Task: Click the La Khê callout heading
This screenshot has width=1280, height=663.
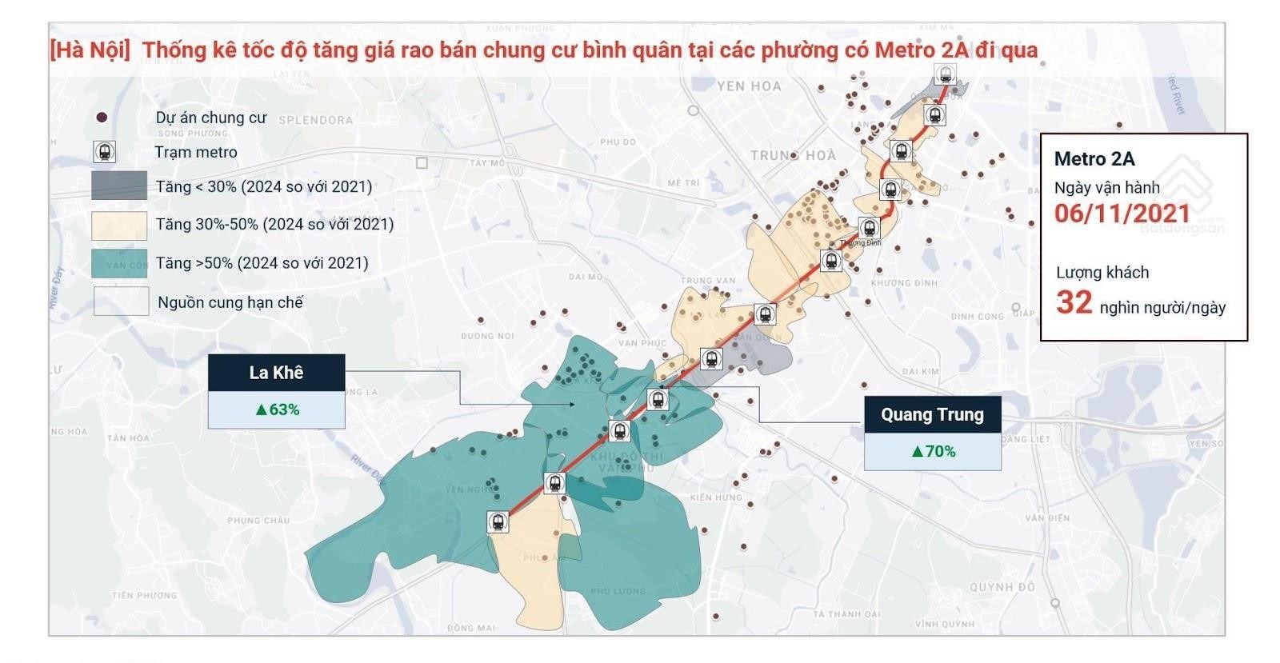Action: pyautogui.click(x=276, y=373)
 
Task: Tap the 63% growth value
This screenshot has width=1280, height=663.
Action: pyautogui.click(x=277, y=409)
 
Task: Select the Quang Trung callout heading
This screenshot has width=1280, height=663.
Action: pyautogui.click(x=932, y=414)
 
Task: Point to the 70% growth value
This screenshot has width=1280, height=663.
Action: pyautogui.click(x=933, y=451)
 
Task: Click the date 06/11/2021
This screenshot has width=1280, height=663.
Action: pyautogui.click(x=1122, y=214)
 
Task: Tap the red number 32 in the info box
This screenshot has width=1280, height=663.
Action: pyautogui.click(x=1074, y=302)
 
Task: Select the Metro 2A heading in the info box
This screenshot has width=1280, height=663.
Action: pyautogui.click(x=1094, y=158)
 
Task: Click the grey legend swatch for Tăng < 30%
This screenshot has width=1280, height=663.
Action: pyautogui.click(x=119, y=186)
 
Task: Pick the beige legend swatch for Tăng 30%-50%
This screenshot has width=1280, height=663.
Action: pyautogui.click(x=119, y=225)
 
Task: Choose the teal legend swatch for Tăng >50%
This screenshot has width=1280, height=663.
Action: pyautogui.click(x=119, y=263)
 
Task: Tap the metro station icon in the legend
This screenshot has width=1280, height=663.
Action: pyautogui.click(x=104, y=152)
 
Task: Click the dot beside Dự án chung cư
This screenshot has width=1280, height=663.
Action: pyautogui.click(x=102, y=118)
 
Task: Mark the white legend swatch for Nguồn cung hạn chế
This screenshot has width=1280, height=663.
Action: pyautogui.click(x=121, y=302)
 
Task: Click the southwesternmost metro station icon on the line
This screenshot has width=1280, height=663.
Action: pyautogui.click(x=498, y=522)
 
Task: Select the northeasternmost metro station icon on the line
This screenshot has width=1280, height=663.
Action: pyautogui.click(x=946, y=75)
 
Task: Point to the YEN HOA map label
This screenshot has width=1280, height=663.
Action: pyautogui.click(x=749, y=86)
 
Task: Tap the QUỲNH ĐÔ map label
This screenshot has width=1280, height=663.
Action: pyautogui.click(x=1002, y=586)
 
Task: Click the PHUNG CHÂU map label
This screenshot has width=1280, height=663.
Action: pyautogui.click(x=258, y=520)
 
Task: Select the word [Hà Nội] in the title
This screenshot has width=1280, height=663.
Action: pyautogui.click(x=90, y=50)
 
